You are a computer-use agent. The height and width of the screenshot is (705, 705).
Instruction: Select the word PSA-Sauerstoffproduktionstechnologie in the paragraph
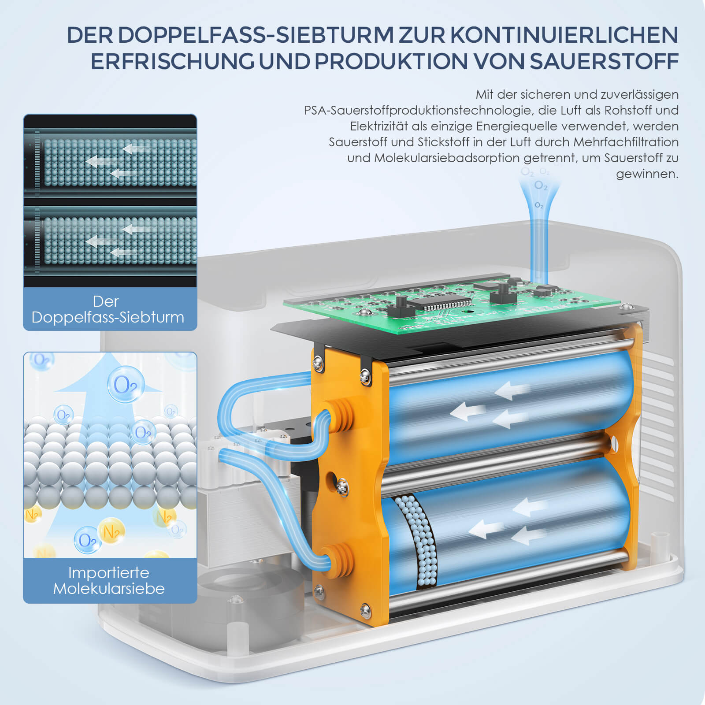(419, 110)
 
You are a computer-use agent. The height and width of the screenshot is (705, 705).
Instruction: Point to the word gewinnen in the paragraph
(647, 174)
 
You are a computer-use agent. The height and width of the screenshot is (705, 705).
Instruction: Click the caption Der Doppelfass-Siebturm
(108, 309)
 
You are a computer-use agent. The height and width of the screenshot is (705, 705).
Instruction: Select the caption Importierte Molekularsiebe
(109, 581)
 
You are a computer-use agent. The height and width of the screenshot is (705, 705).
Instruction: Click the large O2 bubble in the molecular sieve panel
(126, 385)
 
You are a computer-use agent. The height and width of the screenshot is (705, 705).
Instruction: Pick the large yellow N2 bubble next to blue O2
(111, 531)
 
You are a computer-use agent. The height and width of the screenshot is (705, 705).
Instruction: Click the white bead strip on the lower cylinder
(416, 542)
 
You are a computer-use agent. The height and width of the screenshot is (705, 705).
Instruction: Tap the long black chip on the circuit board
(441, 304)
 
